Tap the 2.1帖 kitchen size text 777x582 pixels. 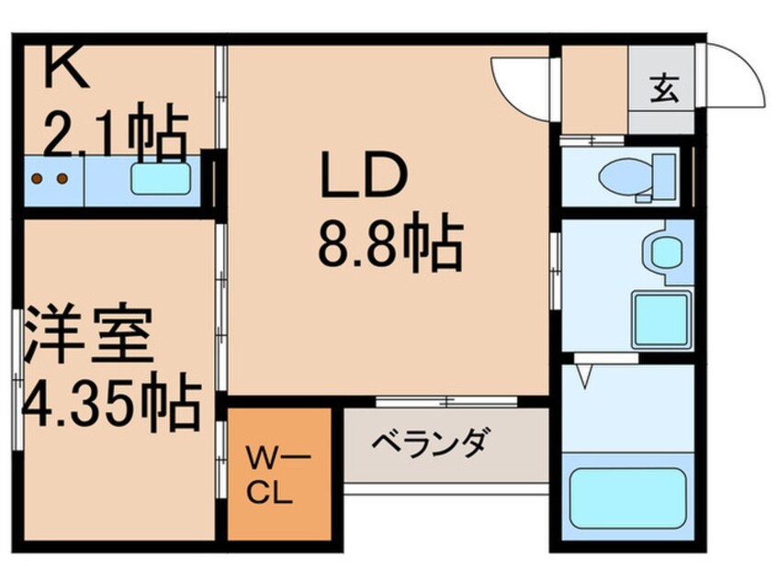click(x=117, y=135)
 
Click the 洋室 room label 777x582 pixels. click(x=87, y=335)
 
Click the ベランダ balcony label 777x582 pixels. click(x=430, y=442)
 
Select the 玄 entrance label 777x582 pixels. click(x=662, y=89)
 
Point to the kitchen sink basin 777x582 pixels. click(x=163, y=178)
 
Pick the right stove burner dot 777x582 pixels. click(x=63, y=178)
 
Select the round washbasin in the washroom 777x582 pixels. click(x=662, y=251)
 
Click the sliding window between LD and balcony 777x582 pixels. click(x=447, y=401)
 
